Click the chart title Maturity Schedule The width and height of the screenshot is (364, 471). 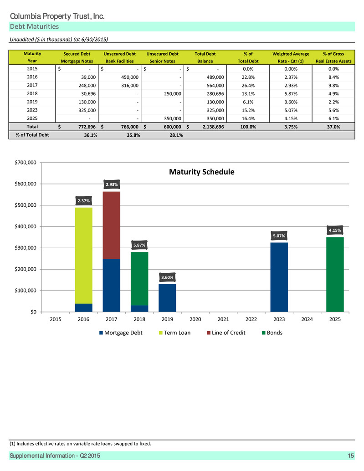point(201,172)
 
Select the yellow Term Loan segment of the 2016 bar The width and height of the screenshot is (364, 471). point(83,256)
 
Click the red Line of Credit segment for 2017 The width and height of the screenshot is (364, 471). point(112,225)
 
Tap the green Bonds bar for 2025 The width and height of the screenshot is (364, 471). point(335,275)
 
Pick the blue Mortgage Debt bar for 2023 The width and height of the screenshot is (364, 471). point(279,277)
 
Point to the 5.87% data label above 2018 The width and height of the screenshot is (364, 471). point(139,245)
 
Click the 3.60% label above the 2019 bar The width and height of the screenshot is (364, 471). point(167,277)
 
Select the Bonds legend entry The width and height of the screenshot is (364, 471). point(272,333)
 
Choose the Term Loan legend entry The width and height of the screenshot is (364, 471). point(174,333)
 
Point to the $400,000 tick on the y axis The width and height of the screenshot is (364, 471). point(26,226)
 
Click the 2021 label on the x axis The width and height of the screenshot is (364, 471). point(223,319)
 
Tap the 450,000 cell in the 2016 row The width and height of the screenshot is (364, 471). point(130,77)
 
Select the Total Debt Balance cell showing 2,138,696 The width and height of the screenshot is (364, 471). point(213,127)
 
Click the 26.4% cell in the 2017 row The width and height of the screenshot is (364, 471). point(248,86)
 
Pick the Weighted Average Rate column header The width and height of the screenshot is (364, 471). point(291,57)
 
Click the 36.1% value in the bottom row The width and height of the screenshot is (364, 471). point(90,135)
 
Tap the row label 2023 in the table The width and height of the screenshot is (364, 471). point(32,110)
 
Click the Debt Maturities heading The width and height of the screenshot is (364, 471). point(34,26)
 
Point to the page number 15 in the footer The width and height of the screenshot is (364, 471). point(351,456)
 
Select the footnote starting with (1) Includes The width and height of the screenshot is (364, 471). point(80,444)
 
